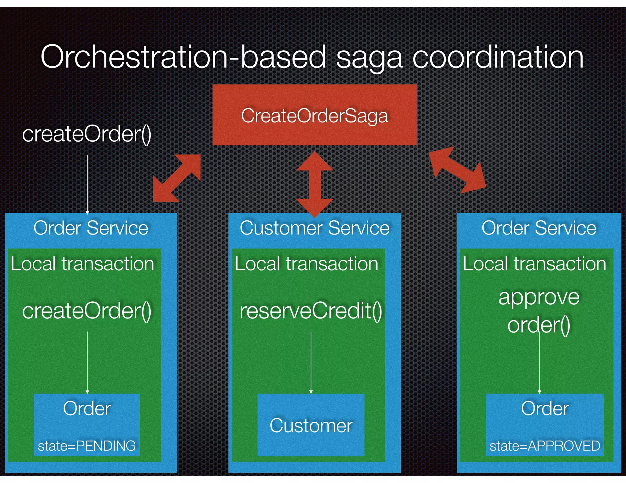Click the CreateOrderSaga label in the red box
click(x=314, y=116)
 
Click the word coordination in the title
click(x=498, y=57)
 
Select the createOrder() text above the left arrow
click(x=87, y=134)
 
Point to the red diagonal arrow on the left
click(x=177, y=178)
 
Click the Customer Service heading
click(x=315, y=228)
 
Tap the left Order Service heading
click(x=91, y=228)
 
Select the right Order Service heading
click(x=539, y=228)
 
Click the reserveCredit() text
click(x=311, y=311)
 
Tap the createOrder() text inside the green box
click(x=87, y=311)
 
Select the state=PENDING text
click(x=87, y=446)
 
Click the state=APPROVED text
click(x=545, y=446)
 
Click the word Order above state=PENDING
click(x=87, y=409)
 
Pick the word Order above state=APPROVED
click(x=545, y=409)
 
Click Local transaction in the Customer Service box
click(x=307, y=264)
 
